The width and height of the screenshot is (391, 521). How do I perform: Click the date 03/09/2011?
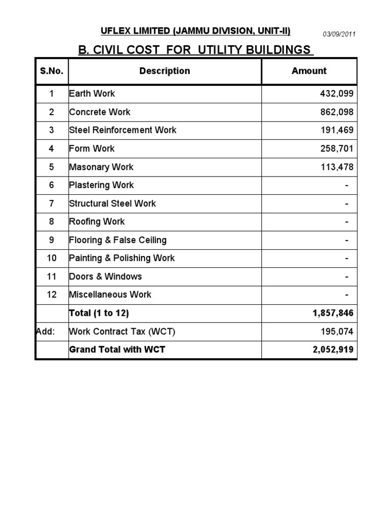339,34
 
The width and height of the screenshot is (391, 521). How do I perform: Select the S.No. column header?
51,71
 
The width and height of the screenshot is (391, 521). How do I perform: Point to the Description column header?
164,71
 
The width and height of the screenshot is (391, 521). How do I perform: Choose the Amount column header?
309,71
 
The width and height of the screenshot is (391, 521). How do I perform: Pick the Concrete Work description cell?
100,112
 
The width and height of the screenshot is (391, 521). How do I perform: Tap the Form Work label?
92,149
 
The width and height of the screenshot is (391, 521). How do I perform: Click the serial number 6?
51,185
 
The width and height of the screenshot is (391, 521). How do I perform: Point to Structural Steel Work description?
113,204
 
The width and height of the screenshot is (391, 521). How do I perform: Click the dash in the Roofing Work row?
347,222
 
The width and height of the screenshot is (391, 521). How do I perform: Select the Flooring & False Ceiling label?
118,240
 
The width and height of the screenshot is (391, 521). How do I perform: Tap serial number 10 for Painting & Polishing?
51,258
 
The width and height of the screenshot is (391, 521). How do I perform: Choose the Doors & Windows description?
105,277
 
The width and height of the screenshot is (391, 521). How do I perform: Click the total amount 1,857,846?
333,313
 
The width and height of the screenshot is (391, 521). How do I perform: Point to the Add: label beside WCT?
45,332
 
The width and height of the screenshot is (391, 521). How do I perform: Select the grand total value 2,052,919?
333,350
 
